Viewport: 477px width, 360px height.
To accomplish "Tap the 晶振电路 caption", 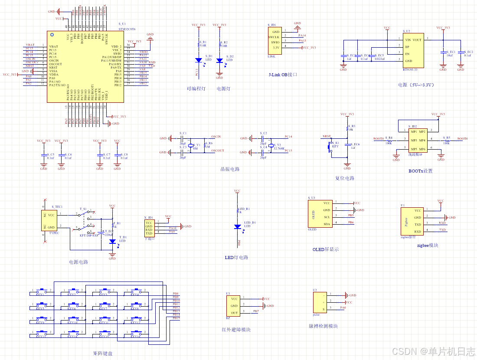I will (x=230, y=169).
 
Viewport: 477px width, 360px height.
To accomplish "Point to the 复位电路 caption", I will (x=345, y=178).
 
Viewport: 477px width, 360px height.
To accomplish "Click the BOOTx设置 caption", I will (x=420, y=171).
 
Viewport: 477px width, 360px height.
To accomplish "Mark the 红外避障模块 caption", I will (x=236, y=330).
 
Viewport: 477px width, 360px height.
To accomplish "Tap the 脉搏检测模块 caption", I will (x=323, y=326).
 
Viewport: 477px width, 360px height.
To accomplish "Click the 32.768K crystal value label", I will (x=279, y=148).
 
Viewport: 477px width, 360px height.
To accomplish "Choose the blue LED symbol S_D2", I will (x=219, y=61).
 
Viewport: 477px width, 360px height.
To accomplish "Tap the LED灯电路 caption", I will (x=236, y=257).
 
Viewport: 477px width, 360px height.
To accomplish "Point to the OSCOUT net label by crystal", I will (x=217, y=151).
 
